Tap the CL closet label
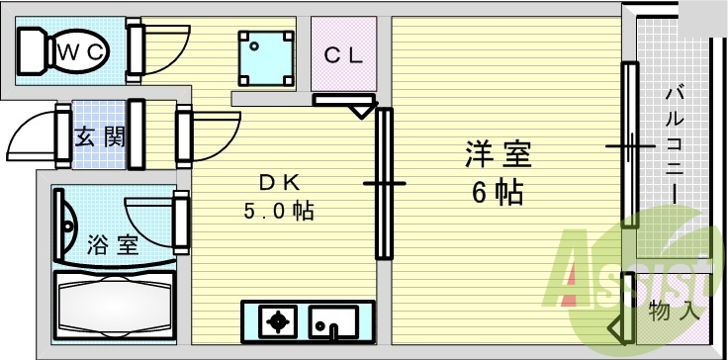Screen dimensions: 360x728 pyautogui.click(x=344, y=55)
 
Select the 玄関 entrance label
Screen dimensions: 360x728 pyautogui.click(x=101, y=136)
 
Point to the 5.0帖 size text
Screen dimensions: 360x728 pyautogui.click(x=279, y=211)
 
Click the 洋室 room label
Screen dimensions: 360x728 pyautogui.click(x=499, y=155)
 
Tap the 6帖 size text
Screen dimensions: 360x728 pyautogui.click(x=498, y=192)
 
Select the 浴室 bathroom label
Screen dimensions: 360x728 pyautogui.click(x=113, y=244)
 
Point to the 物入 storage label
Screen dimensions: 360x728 pyautogui.click(x=675, y=311)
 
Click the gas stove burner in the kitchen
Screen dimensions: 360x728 pyautogui.click(x=276, y=321)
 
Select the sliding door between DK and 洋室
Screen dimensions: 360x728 pyautogui.click(x=384, y=183)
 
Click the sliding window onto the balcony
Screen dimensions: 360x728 pyautogui.click(x=629, y=144)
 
